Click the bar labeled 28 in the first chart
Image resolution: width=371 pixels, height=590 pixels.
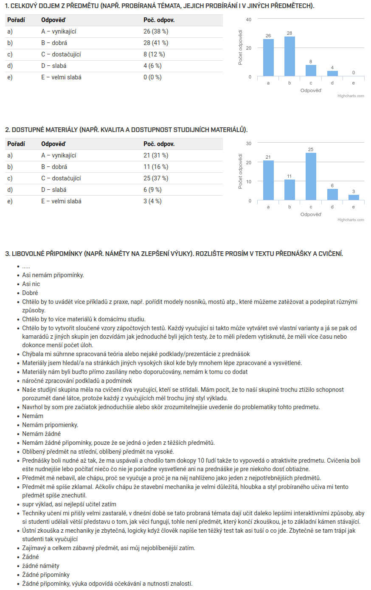point(289,56)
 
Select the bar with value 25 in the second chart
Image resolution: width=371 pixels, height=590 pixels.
point(311,176)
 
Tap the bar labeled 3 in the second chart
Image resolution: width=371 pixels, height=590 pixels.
point(354,197)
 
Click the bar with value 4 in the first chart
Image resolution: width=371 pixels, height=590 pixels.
point(332,73)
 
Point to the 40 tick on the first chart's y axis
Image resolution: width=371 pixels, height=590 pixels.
point(249,20)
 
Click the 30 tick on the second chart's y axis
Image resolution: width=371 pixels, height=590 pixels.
point(249,143)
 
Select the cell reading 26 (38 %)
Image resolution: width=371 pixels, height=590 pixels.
point(156,31)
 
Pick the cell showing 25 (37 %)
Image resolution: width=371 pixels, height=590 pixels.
point(156,178)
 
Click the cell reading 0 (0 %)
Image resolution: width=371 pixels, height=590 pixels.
point(152,77)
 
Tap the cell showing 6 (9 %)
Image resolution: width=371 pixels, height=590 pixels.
point(152,190)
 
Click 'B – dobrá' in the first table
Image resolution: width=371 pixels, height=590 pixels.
point(54,43)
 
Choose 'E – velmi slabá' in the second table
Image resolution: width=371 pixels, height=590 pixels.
point(61,201)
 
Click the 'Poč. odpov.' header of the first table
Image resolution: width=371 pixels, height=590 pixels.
point(159,20)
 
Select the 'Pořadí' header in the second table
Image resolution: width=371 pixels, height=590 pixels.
point(16,144)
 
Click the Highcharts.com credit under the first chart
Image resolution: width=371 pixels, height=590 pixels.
point(351,96)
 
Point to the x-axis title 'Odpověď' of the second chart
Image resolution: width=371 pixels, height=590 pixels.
point(311,214)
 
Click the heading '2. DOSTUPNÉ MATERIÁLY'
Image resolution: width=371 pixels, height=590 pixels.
point(126,129)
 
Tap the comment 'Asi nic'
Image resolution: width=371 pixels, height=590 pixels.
point(31,284)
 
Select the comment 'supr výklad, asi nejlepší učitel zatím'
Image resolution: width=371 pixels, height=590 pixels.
point(69,504)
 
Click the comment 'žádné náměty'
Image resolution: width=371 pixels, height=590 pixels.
point(41,566)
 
